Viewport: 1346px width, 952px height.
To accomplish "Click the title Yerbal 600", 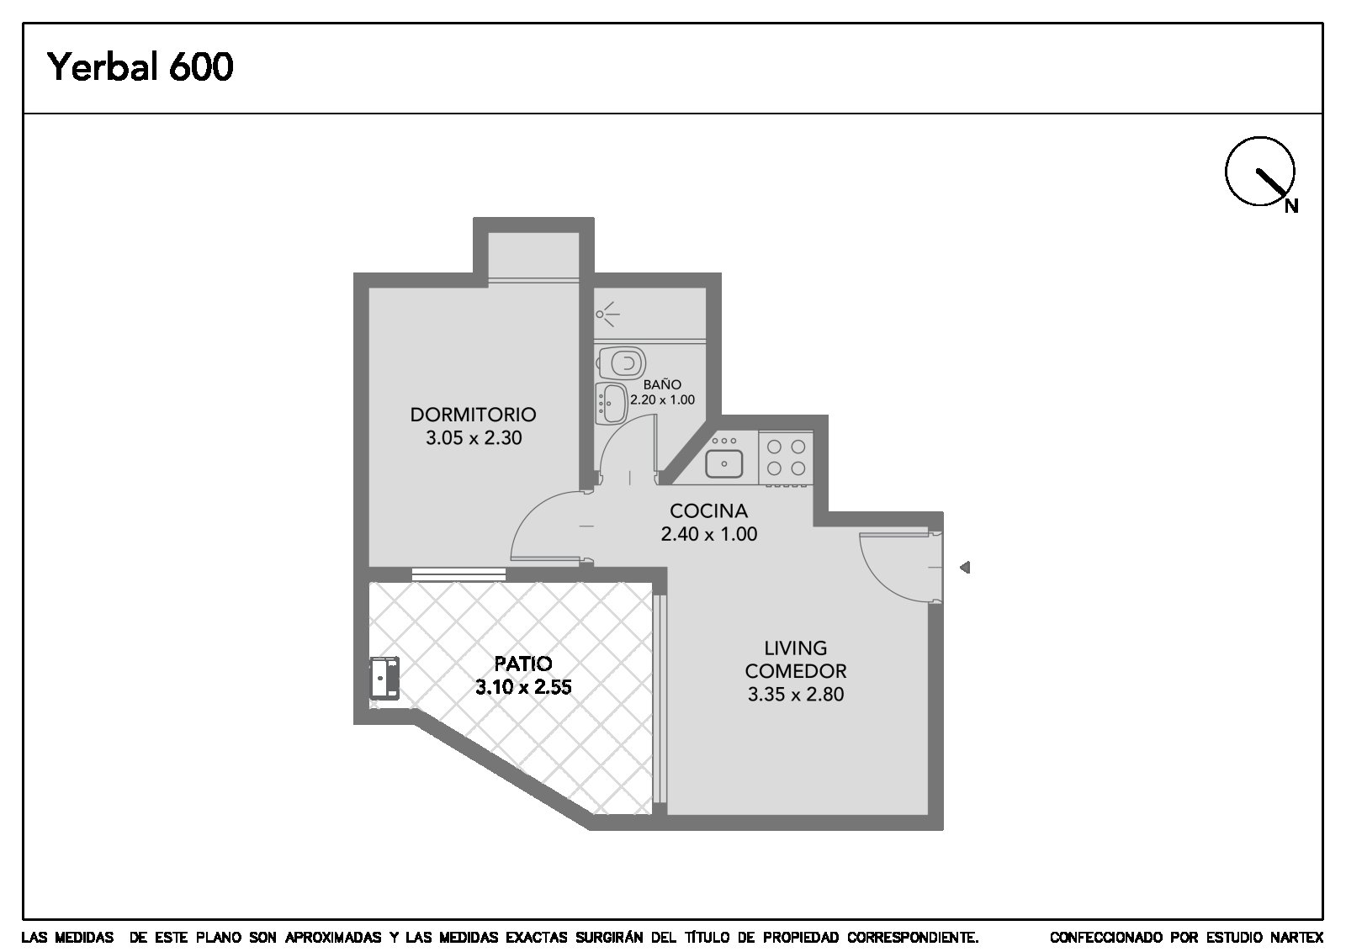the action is [140, 66].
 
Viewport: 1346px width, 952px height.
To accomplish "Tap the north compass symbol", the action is [1261, 172].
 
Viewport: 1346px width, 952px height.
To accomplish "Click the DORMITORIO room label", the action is [473, 415].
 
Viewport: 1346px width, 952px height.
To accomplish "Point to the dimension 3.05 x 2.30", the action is [474, 438].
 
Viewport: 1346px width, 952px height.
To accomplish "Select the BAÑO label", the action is [662, 383].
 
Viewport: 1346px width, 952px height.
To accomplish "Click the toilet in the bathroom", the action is [622, 362].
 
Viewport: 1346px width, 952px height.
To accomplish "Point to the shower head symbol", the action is [607, 315].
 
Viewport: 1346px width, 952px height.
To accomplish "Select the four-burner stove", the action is [786, 457].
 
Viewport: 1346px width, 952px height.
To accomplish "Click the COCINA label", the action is [708, 511].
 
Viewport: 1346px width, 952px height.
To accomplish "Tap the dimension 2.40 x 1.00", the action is [709, 534].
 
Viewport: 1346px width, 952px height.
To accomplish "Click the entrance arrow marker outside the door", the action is [965, 567].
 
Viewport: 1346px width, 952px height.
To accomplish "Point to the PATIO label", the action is [522, 664].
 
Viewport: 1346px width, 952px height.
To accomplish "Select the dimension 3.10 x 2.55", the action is [522, 687].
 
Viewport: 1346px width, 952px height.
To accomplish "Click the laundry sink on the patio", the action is [384, 678].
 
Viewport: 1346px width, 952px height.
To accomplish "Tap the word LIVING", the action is [796, 648].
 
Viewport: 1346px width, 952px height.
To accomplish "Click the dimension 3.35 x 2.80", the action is [796, 695].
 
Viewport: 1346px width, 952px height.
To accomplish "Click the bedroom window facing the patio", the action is [458, 574].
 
